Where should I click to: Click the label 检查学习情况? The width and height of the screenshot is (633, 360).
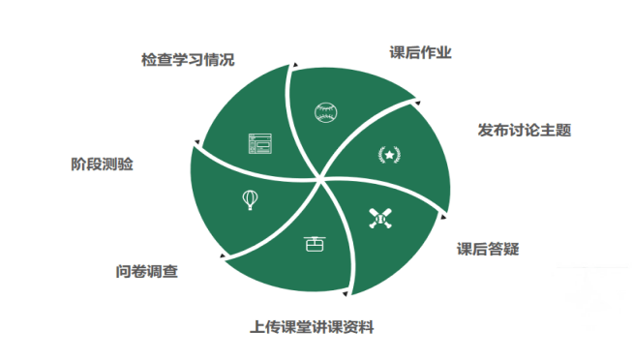(188, 60)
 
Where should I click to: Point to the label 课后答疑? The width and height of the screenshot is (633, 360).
(488, 249)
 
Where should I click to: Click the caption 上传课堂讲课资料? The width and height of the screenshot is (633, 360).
(312, 327)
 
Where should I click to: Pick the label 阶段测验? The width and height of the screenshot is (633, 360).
(102, 165)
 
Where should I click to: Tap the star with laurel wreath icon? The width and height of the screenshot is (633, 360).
(388, 154)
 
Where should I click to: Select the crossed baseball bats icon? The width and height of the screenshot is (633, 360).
(381, 219)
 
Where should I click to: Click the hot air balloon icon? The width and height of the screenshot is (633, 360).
(250, 199)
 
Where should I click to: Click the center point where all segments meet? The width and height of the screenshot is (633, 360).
(320, 180)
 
